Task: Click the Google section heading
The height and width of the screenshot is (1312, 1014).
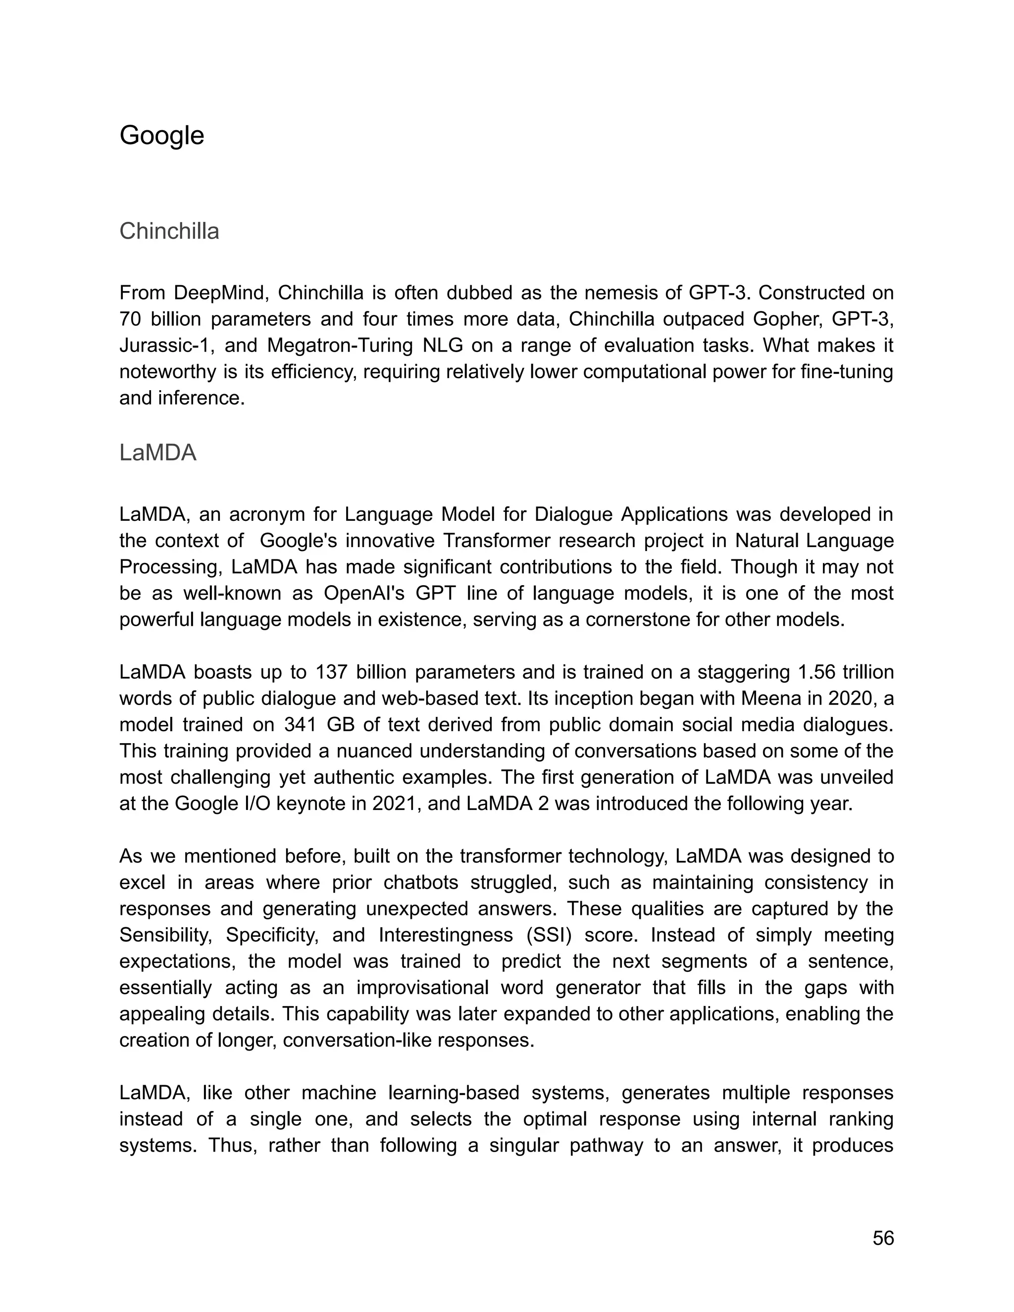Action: point(161,135)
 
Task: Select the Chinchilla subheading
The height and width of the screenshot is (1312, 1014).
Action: point(169,231)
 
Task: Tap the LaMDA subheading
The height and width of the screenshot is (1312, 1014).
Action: point(157,453)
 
